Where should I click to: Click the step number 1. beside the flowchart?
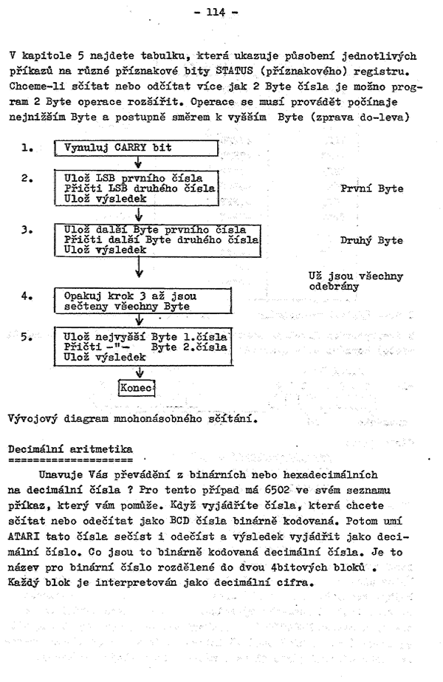point(27,147)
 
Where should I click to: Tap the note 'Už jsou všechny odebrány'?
point(356,282)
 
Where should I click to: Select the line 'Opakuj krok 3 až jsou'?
point(131,296)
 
